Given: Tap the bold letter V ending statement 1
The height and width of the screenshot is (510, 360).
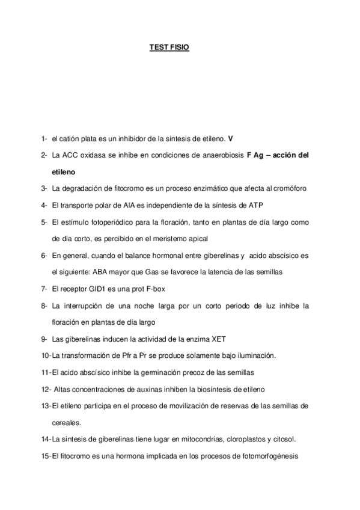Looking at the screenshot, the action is (x=230, y=138).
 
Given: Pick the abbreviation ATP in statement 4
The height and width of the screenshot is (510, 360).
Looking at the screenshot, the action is (x=257, y=205).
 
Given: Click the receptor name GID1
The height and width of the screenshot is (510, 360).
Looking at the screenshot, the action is (x=100, y=289).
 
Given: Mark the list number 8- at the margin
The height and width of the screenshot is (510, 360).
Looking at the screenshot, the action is (x=44, y=306).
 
